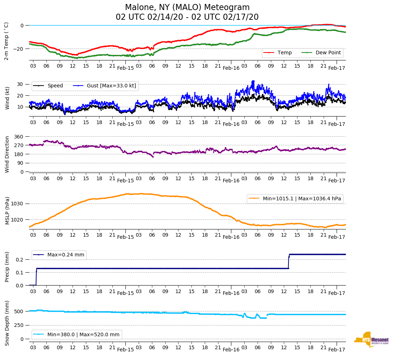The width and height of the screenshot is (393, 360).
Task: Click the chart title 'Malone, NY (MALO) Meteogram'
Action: click(187, 8)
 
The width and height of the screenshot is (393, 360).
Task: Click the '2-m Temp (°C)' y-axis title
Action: click(6, 41)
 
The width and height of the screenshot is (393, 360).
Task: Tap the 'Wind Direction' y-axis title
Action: click(7, 154)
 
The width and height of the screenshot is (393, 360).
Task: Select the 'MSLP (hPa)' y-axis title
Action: click(7, 210)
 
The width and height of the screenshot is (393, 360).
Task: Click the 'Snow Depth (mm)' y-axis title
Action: click(7, 323)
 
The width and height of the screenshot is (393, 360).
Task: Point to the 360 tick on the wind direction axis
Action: click(19, 137)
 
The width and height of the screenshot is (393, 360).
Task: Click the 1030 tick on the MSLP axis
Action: click(17, 204)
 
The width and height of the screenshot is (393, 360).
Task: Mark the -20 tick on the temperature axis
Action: click(19, 49)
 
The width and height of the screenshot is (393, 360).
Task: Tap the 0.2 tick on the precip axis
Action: click(19, 259)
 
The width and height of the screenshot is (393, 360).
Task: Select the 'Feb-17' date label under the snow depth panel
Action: click(337, 349)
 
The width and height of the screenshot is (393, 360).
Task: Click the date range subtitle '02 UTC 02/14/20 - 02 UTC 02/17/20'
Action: click(187, 17)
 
